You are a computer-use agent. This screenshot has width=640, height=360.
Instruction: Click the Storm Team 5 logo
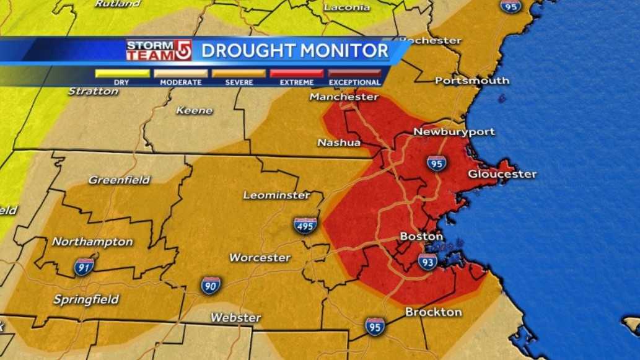point(159,50)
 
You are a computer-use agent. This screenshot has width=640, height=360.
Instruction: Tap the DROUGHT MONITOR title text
point(294,51)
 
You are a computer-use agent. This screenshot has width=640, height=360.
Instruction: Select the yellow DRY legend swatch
point(122,73)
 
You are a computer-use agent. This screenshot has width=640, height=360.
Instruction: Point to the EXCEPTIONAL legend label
point(354,82)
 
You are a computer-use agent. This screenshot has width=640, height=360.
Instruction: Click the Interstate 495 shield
point(305,226)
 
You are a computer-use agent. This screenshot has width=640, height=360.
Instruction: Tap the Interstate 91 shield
point(84,266)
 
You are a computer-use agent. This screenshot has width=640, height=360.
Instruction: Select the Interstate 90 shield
point(211,285)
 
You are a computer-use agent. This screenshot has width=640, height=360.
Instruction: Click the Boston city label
point(421,237)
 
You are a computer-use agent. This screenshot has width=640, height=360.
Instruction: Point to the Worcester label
point(260,257)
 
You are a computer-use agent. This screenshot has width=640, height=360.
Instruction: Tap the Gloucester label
point(502,174)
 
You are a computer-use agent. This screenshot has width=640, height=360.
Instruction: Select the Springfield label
point(86,299)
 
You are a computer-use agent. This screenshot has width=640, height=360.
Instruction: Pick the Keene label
point(195,110)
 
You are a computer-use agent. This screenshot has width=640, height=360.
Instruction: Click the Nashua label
point(339,143)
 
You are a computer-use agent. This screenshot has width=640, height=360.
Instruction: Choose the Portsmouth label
point(472,81)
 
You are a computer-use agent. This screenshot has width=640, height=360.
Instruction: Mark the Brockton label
point(434,312)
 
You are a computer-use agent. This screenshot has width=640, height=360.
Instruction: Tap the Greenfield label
point(119,180)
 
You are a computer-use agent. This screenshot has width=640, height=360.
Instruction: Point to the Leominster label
point(276,195)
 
